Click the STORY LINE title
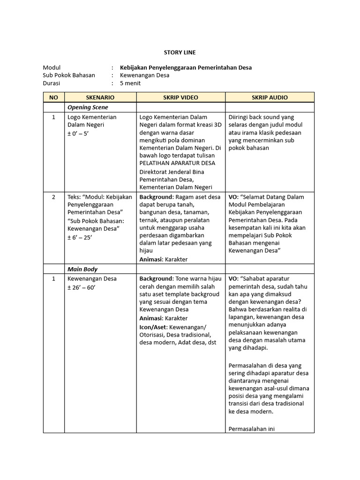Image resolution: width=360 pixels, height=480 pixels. tap(180, 52)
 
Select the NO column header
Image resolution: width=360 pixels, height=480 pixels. tap(54, 97)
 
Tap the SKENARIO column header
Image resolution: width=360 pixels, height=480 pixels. tap(100, 97)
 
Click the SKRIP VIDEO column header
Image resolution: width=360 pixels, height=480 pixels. tap(180, 97)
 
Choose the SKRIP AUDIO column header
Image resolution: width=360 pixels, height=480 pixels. tap(270, 97)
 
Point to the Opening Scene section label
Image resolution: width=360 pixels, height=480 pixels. tap(88, 107)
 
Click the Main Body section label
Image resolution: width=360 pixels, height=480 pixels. tap(82, 269)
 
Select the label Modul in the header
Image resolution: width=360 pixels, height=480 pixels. tap(52, 67)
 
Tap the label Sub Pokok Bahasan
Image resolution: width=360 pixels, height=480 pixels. tap(69, 75)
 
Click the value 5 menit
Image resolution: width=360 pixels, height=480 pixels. tap(130, 83)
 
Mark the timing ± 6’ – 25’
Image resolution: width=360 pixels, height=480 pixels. tap(80, 237)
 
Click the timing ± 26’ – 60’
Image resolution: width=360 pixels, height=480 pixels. tap(82, 287)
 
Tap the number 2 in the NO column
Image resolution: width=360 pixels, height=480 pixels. tap(54, 197)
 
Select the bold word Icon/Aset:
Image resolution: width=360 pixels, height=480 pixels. tap(154, 327)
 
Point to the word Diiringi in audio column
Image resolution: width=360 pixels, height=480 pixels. tap(240, 117)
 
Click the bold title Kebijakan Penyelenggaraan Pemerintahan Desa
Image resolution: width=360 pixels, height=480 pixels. tap(186, 67)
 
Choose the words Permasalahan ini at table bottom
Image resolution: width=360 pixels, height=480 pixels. tap(251, 428)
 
